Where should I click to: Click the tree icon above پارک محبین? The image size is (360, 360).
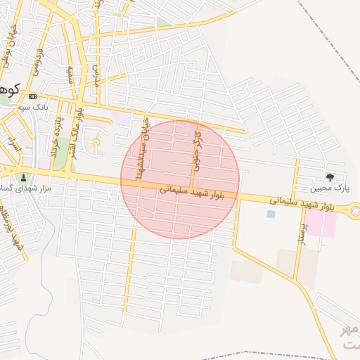328,176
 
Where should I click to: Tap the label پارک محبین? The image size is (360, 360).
332,188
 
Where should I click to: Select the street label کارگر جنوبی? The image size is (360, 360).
198,150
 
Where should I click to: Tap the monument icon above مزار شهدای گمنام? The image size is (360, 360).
25,177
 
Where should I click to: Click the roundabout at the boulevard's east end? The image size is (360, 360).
356,210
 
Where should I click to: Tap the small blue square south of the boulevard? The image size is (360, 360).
271,214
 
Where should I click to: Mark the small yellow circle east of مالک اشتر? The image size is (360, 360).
96,143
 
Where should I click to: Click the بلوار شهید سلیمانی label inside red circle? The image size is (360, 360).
192,191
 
